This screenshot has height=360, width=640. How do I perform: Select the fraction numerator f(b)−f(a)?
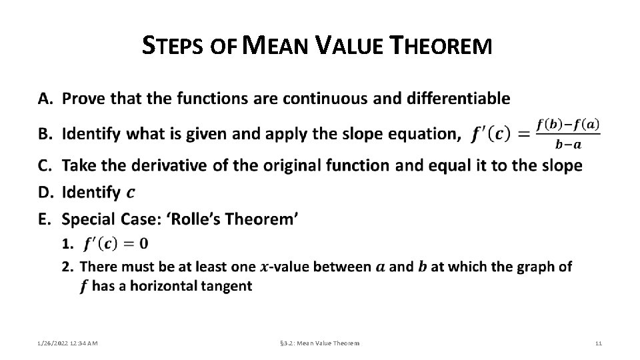(569, 124)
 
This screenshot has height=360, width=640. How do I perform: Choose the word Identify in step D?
(91, 193)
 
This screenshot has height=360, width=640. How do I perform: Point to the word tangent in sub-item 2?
(227, 287)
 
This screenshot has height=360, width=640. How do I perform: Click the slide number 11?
(598, 343)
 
